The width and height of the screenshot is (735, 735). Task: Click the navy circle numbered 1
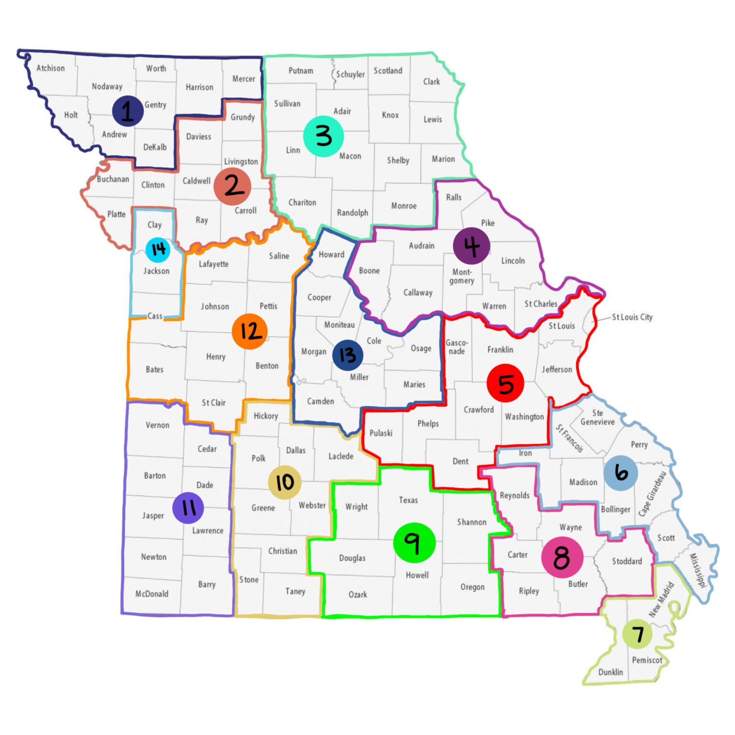click(128, 111)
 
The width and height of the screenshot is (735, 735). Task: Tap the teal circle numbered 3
click(323, 136)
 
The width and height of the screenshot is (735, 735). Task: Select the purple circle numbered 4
click(471, 246)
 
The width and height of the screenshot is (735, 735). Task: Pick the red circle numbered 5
click(505, 383)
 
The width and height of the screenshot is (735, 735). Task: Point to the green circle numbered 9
click(414, 542)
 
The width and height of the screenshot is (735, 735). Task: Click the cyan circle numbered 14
click(158, 249)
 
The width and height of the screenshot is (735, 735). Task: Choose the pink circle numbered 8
click(562, 557)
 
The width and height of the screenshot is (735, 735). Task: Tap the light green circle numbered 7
click(637, 634)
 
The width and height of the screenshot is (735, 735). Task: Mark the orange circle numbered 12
click(250, 331)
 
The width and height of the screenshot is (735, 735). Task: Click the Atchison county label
click(50, 68)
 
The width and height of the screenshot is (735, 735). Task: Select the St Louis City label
click(632, 317)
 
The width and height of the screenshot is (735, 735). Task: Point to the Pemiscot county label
click(647, 660)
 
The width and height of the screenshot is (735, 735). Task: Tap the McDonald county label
click(152, 593)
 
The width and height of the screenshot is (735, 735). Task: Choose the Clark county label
click(431, 81)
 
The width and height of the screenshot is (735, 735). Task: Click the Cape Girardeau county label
click(652, 494)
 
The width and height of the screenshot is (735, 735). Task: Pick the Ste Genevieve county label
click(597, 417)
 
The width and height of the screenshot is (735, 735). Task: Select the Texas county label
click(408, 500)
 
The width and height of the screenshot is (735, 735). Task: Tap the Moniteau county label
click(339, 325)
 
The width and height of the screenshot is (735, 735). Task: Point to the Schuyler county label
click(350, 74)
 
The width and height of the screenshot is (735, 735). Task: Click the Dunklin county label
click(611, 672)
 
